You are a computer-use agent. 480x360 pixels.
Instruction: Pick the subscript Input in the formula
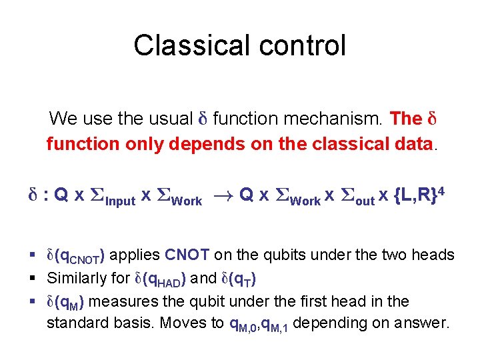(121, 201)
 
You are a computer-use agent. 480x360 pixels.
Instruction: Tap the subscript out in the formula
(365, 201)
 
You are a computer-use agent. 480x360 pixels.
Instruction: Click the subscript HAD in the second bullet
(165, 281)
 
